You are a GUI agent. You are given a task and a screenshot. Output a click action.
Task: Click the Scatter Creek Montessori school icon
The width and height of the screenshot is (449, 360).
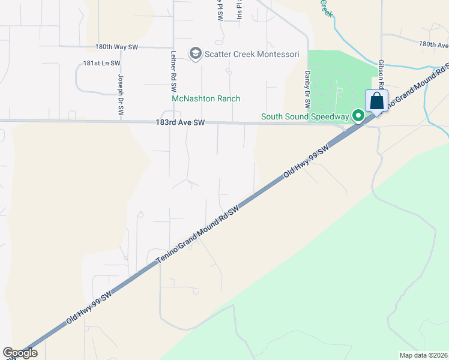coord(195,54)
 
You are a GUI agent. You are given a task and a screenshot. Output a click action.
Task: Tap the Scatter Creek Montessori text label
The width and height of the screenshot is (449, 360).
coord(253,55)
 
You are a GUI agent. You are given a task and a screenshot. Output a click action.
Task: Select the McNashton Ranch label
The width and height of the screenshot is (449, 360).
coord(206,98)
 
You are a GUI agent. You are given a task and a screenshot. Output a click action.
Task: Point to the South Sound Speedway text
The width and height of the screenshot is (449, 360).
coord(305,116)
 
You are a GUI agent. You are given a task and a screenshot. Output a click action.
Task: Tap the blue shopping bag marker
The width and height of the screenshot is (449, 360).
coord(377,100)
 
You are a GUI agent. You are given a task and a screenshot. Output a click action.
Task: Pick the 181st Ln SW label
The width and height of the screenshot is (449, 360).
coord(102,63)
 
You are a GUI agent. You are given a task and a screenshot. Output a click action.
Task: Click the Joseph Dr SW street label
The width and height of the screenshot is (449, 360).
coord(120,95)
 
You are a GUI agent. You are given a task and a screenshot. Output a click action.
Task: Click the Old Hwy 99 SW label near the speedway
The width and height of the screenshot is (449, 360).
coord(307,160)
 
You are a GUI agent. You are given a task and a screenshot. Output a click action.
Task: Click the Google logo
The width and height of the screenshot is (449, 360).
coord(20,353)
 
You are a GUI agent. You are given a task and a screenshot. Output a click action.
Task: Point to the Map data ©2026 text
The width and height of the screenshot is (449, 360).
coord(424,355)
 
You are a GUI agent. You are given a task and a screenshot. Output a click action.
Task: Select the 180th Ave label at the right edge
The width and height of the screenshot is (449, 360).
coord(433,44)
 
